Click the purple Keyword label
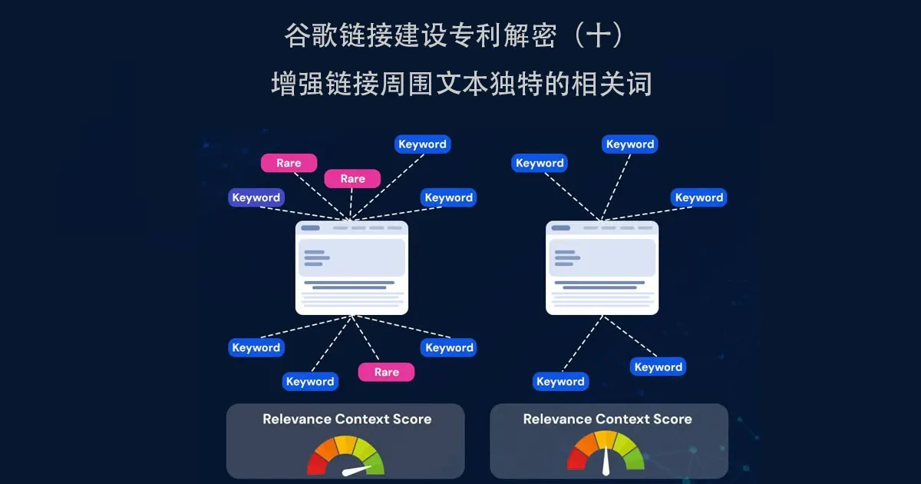click(x=256, y=197)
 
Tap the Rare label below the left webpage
click(x=387, y=372)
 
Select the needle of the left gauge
click(x=357, y=470)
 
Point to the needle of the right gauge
click(x=606, y=460)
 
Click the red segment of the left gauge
click(x=317, y=465)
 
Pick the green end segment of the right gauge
click(x=635, y=459)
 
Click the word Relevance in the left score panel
click(x=297, y=419)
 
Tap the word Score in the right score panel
click(x=672, y=419)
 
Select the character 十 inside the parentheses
click(x=598, y=35)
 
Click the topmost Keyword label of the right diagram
click(x=630, y=144)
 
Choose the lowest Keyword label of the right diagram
click(x=560, y=382)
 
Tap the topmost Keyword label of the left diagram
click(x=422, y=144)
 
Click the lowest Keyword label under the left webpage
click(x=310, y=382)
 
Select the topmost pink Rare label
click(x=289, y=163)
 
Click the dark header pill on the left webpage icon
click(x=310, y=227)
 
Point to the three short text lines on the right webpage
click(x=567, y=258)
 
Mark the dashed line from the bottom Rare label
click(x=365, y=338)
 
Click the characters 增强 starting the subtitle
click(x=298, y=84)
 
